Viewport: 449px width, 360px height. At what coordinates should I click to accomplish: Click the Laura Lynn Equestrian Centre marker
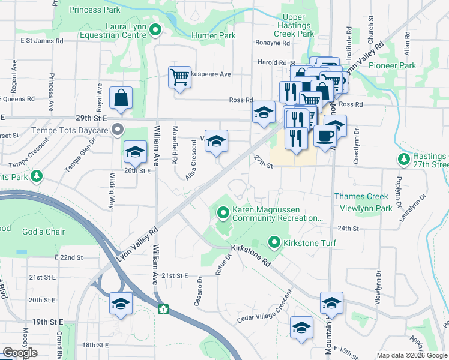[x=155, y=29]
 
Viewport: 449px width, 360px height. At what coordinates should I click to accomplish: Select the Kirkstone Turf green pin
[x=275, y=242]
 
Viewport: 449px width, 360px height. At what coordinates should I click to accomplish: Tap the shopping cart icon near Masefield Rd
[x=179, y=78]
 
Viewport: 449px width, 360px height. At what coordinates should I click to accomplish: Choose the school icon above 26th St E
[x=135, y=152]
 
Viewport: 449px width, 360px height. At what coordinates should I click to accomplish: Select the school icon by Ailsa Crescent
[x=217, y=142]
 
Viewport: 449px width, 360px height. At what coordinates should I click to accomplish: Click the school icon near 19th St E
[x=121, y=304]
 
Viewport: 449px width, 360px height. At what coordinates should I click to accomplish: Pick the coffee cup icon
[x=325, y=136]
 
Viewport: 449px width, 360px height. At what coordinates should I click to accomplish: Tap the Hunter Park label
[x=213, y=36]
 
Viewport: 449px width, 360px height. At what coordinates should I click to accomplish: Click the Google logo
[x=20, y=353]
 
